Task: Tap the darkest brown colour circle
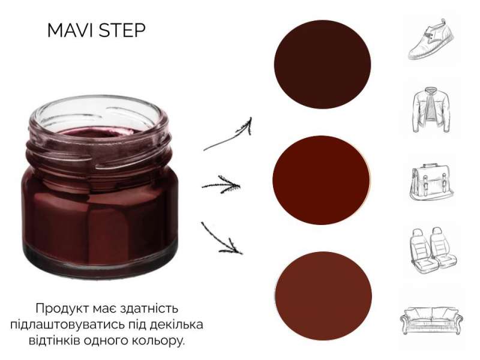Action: tap(322, 65)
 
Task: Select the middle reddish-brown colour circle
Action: tap(321, 180)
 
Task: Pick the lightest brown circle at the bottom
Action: tap(323, 296)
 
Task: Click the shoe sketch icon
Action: tap(431, 39)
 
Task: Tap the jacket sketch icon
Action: tap(431, 110)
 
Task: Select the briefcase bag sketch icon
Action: tap(431, 182)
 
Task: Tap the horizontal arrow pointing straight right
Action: tap(221, 185)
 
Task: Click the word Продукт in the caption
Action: tap(64, 308)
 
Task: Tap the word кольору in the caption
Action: tap(159, 341)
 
